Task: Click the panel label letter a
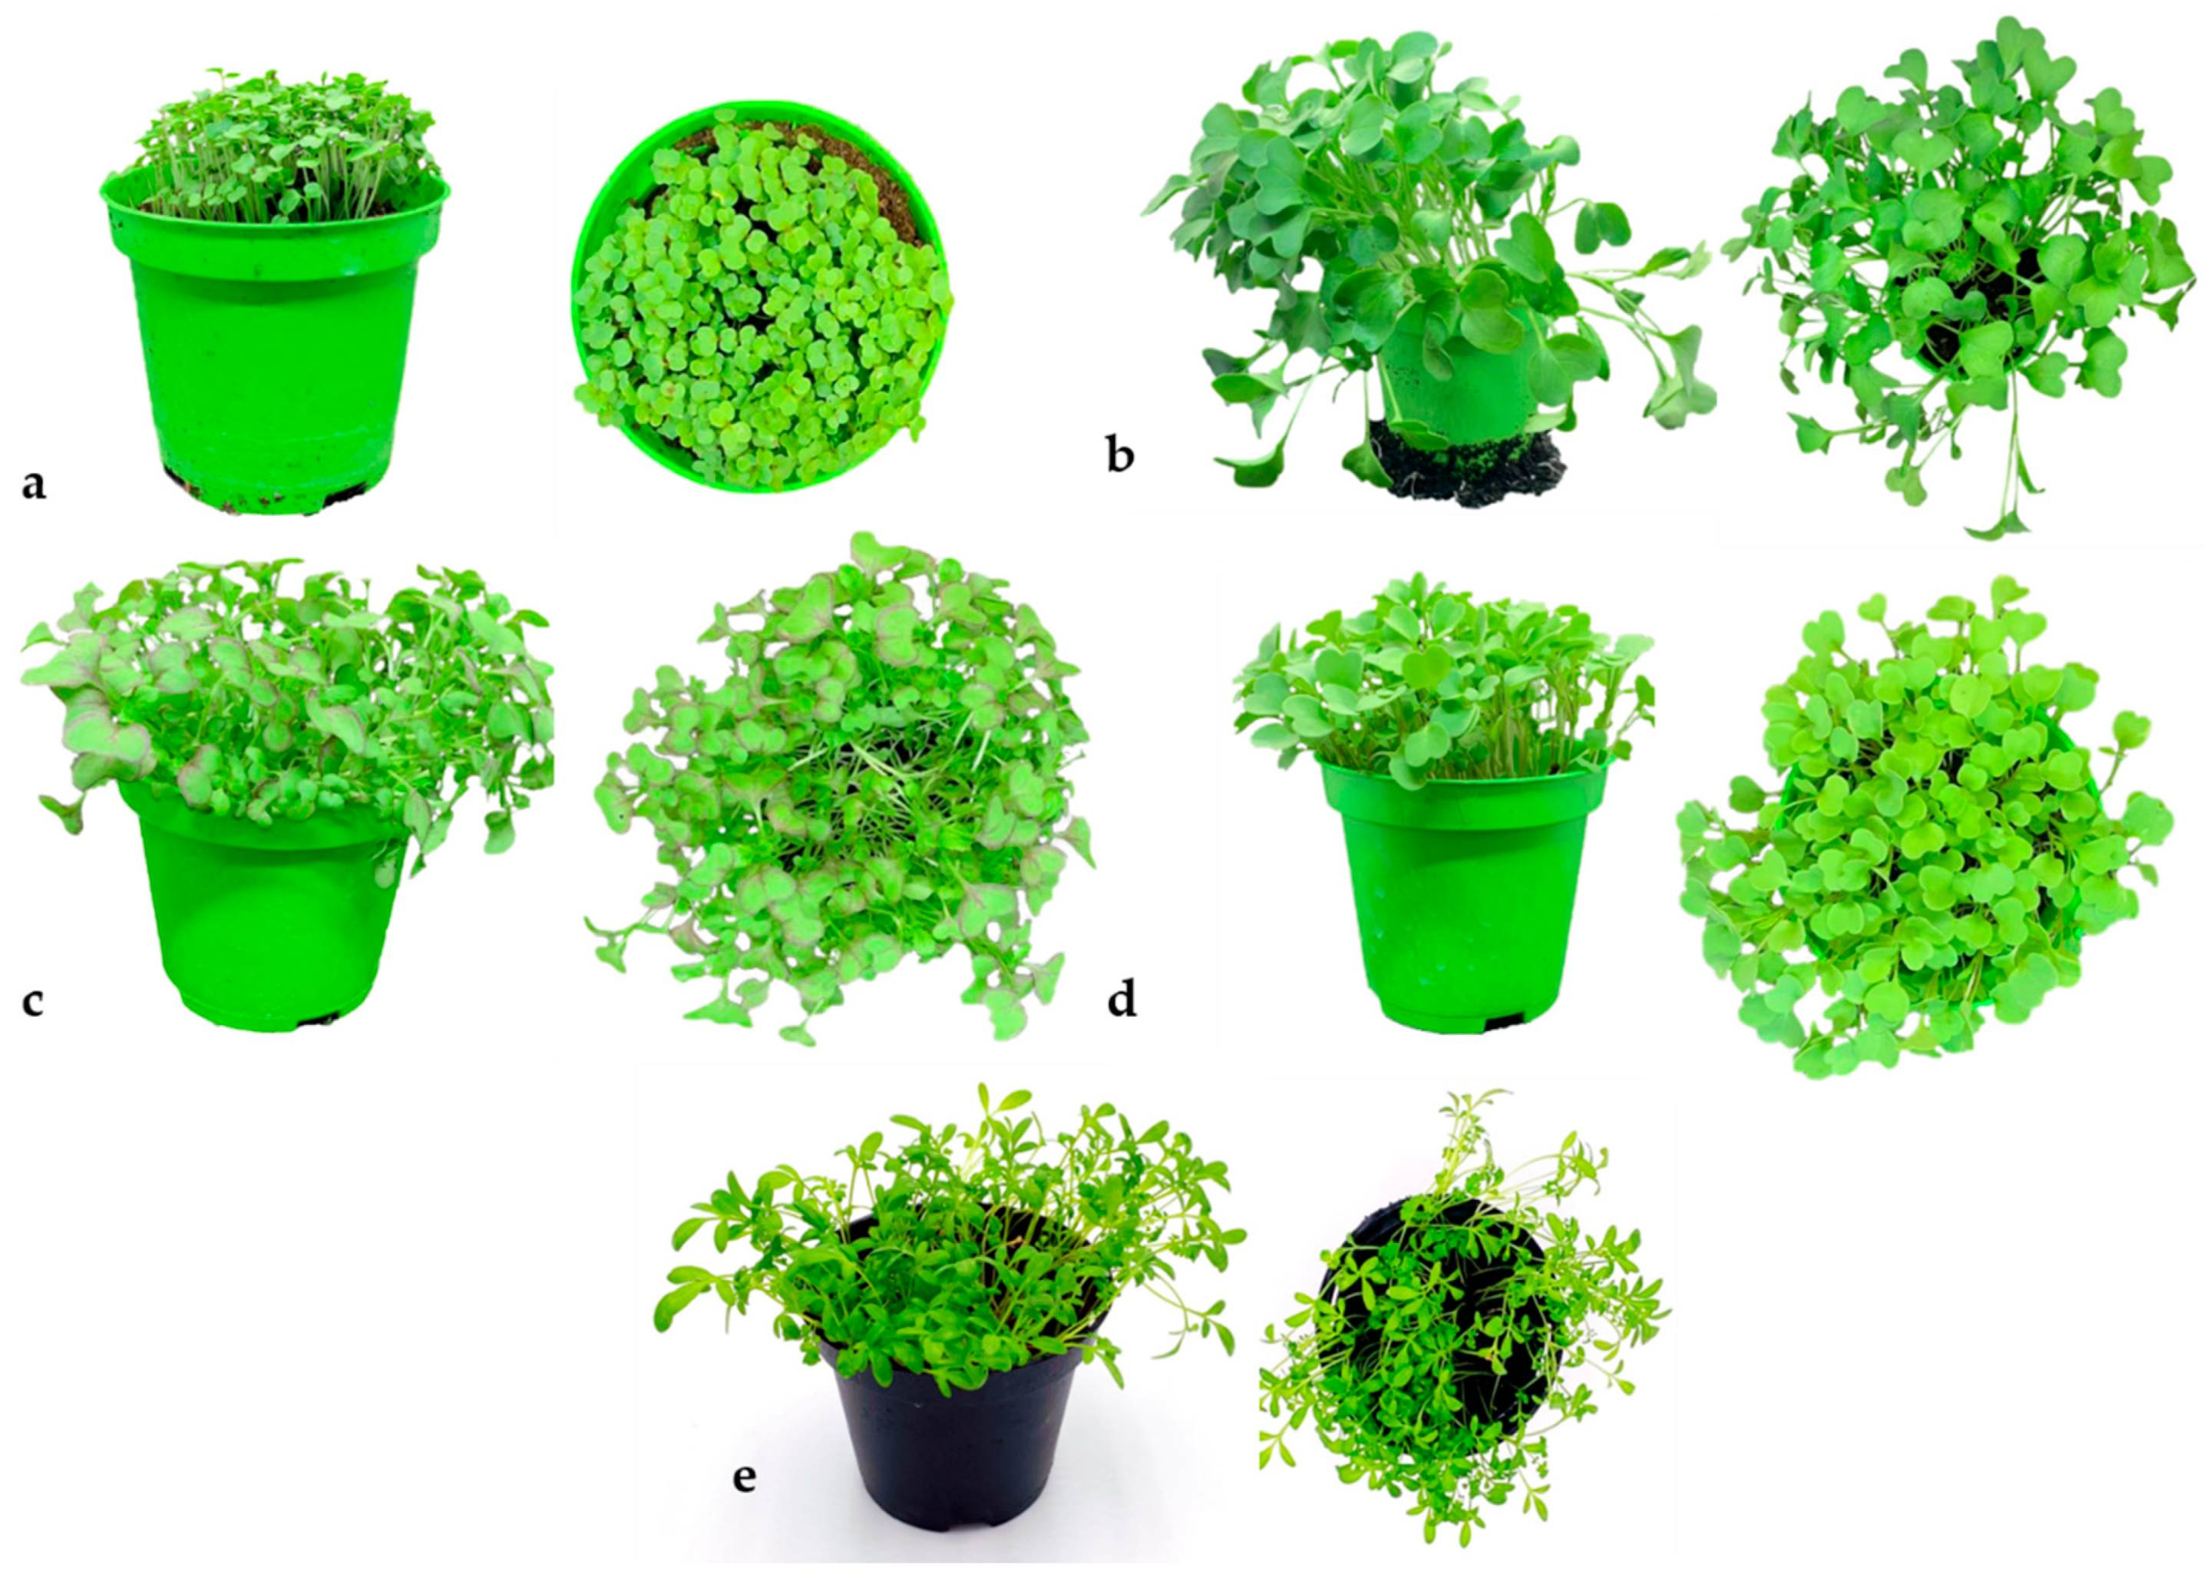(34, 484)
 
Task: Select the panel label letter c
(33, 1001)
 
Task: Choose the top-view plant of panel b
(1959, 273)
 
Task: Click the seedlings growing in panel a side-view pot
(283, 146)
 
